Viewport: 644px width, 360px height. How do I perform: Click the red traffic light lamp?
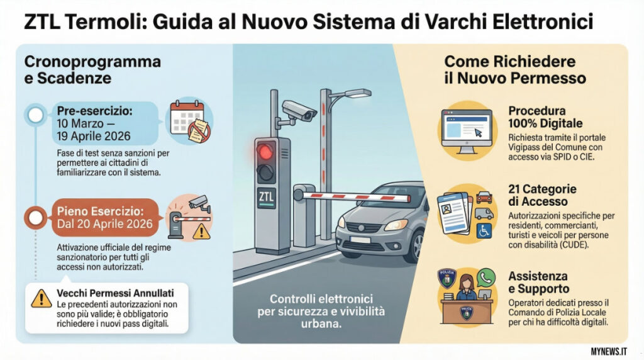pos(265,152)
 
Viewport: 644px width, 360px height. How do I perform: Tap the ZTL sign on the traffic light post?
pos(266,197)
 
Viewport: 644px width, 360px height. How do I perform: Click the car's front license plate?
pos(360,240)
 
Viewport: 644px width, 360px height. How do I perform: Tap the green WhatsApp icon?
pos(486,278)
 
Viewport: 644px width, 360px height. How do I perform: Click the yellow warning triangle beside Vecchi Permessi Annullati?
pos(41,299)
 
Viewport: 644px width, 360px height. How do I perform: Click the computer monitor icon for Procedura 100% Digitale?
pos(467,132)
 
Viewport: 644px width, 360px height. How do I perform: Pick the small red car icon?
pos(484,198)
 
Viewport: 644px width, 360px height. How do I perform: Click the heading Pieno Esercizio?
pos(100,211)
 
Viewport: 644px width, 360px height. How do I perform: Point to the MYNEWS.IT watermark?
pos(609,352)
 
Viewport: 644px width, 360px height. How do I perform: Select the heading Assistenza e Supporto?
pos(538,283)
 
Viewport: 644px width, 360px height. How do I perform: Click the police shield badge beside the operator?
pos(447,279)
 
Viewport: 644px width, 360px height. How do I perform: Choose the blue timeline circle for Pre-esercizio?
pos(36,115)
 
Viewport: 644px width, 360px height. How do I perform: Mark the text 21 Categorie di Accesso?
pos(542,195)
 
